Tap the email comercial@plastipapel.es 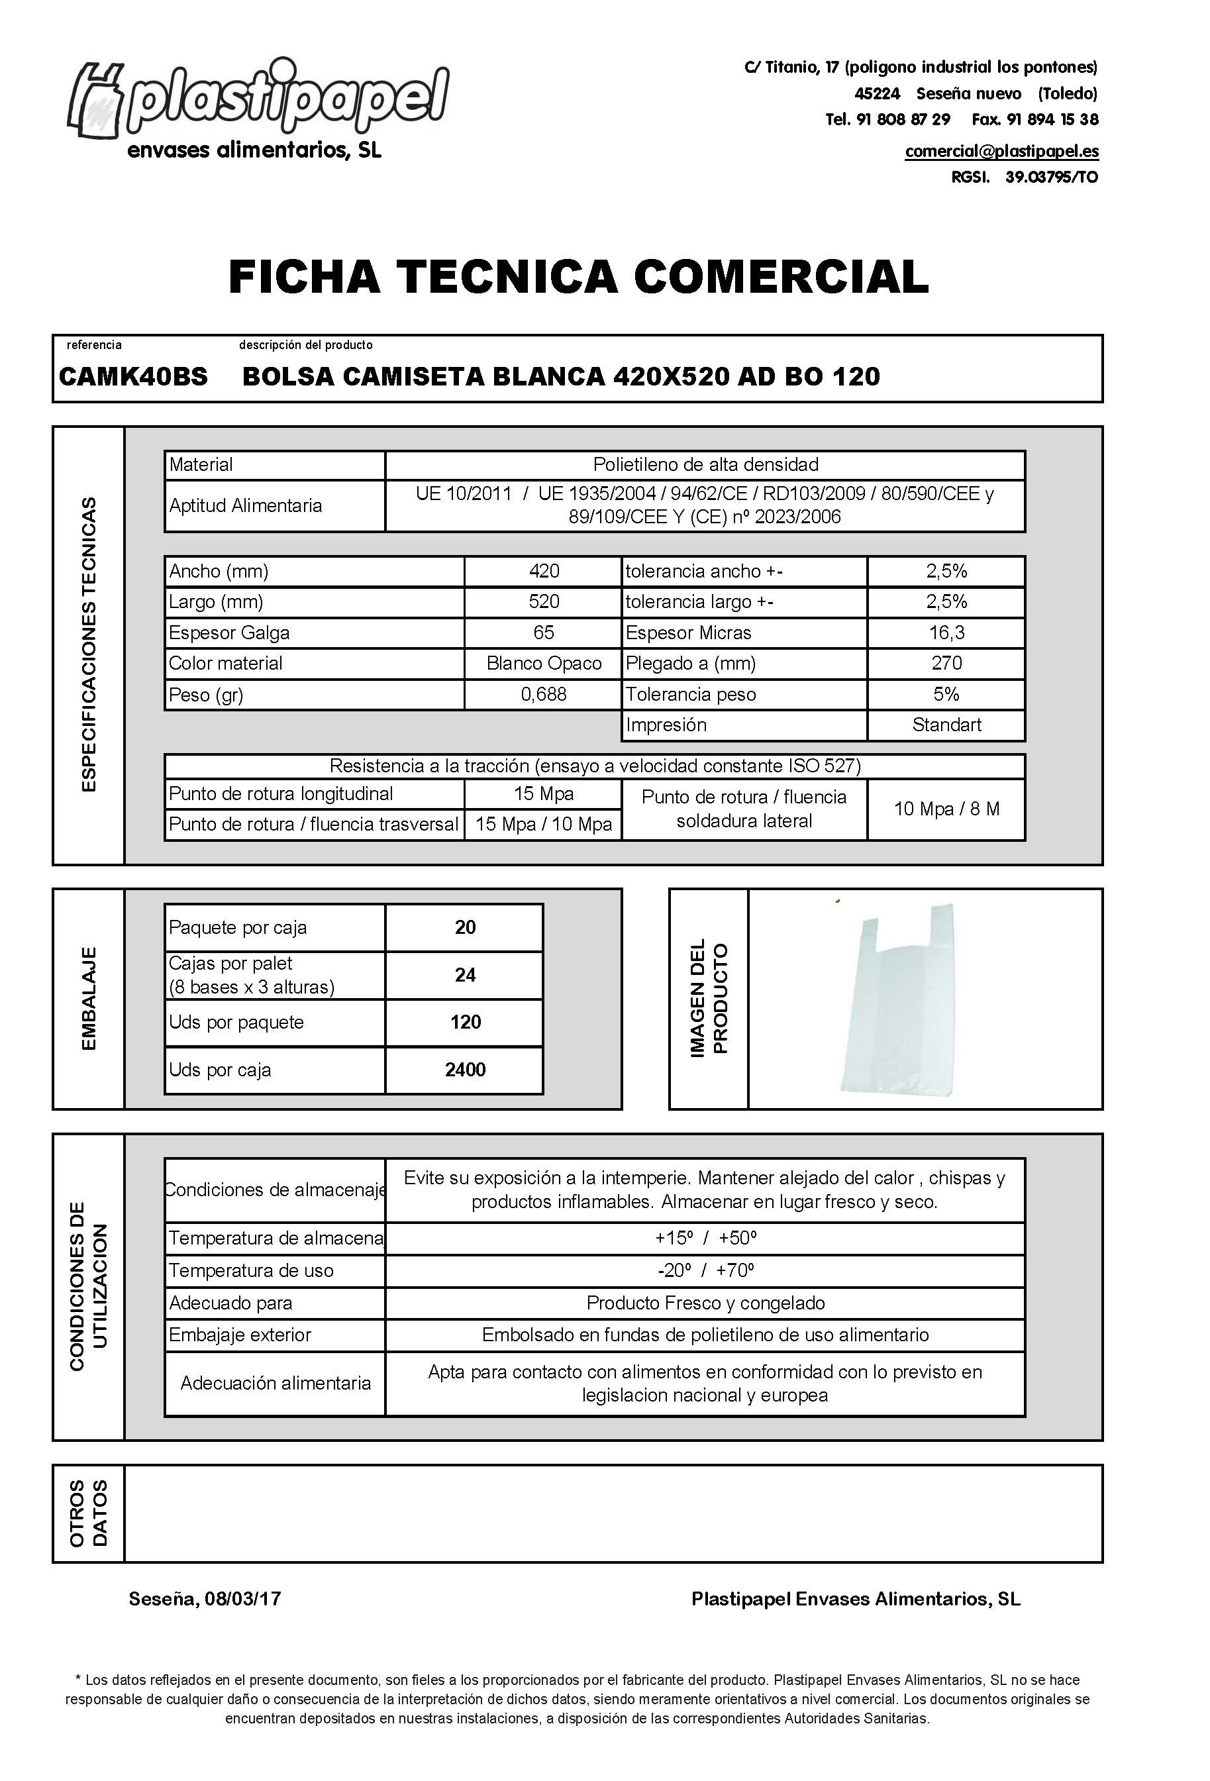tap(1001, 151)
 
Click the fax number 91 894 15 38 tap(1034, 120)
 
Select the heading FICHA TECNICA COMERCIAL tap(579, 277)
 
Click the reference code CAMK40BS tap(133, 377)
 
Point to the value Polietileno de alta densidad tap(705, 464)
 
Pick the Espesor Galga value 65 tap(543, 633)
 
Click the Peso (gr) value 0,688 tap(543, 694)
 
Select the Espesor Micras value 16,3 tap(946, 633)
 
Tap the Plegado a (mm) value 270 tap(946, 664)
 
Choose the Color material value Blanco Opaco tap(543, 664)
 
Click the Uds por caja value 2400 tap(465, 1070)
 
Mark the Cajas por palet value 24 tap(465, 975)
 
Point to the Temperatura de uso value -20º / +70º tap(705, 1270)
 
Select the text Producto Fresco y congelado tap(705, 1303)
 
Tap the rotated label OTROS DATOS tap(88, 1513)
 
